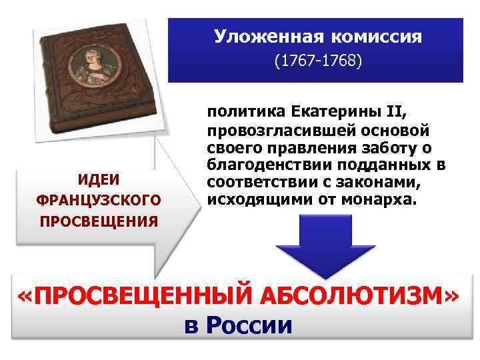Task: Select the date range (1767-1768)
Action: pos(318,61)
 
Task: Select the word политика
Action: pos(243,111)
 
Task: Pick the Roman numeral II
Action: pos(386,111)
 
